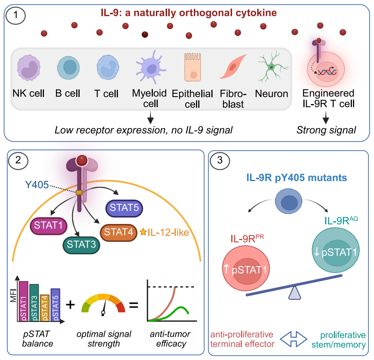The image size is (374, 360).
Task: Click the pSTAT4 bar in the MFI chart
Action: pos(44,308)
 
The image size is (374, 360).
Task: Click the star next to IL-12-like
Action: pos(143,232)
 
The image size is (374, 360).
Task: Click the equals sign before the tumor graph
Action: pos(134,304)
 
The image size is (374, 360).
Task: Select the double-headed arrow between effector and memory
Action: pos(296,339)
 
